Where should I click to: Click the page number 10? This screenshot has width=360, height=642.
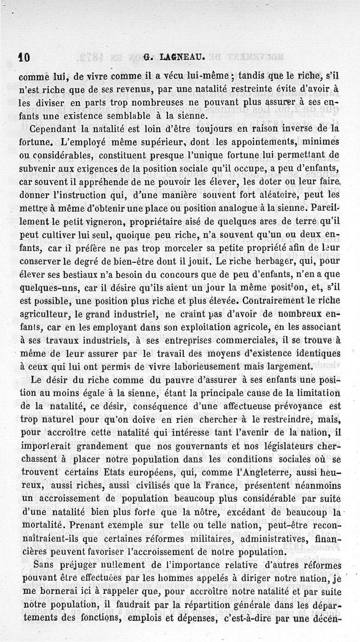click(x=23, y=57)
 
